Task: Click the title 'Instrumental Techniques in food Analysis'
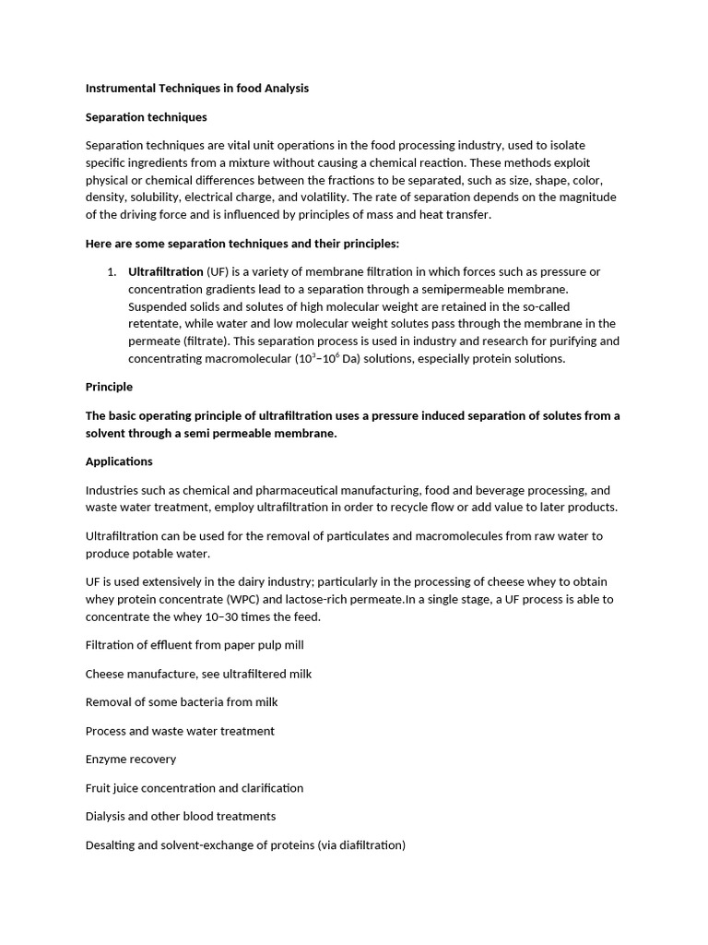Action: pyautogui.click(x=197, y=89)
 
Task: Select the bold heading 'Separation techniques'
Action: pyautogui.click(x=146, y=117)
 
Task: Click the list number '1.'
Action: pyautogui.click(x=112, y=272)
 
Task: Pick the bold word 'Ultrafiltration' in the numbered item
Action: pyautogui.click(x=166, y=272)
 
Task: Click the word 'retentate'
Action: pyautogui.click(x=155, y=324)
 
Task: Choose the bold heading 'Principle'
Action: pyautogui.click(x=109, y=387)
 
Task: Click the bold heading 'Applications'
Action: pyautogui.click(x=119, y=461)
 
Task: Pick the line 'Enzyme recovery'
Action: pyautogui.click(x=131, y=760)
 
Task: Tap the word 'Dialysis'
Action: pyautogui.click(x=107, y=817)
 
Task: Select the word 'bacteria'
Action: pyautogui.click(x=203, y=702)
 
